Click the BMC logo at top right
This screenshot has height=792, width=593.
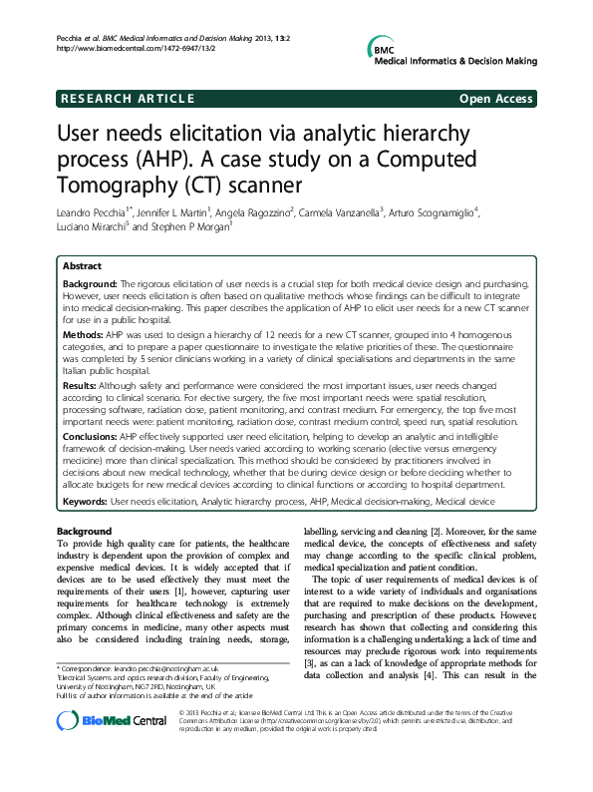pyautogui.click(x=384, y=51)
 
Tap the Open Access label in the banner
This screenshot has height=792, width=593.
pyautogui.click(x=494, y=99)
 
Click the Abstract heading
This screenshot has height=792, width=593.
pyautogui.click(x=82, y=267)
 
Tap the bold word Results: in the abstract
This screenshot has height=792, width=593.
pyautogui.click(x=81, y=384)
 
